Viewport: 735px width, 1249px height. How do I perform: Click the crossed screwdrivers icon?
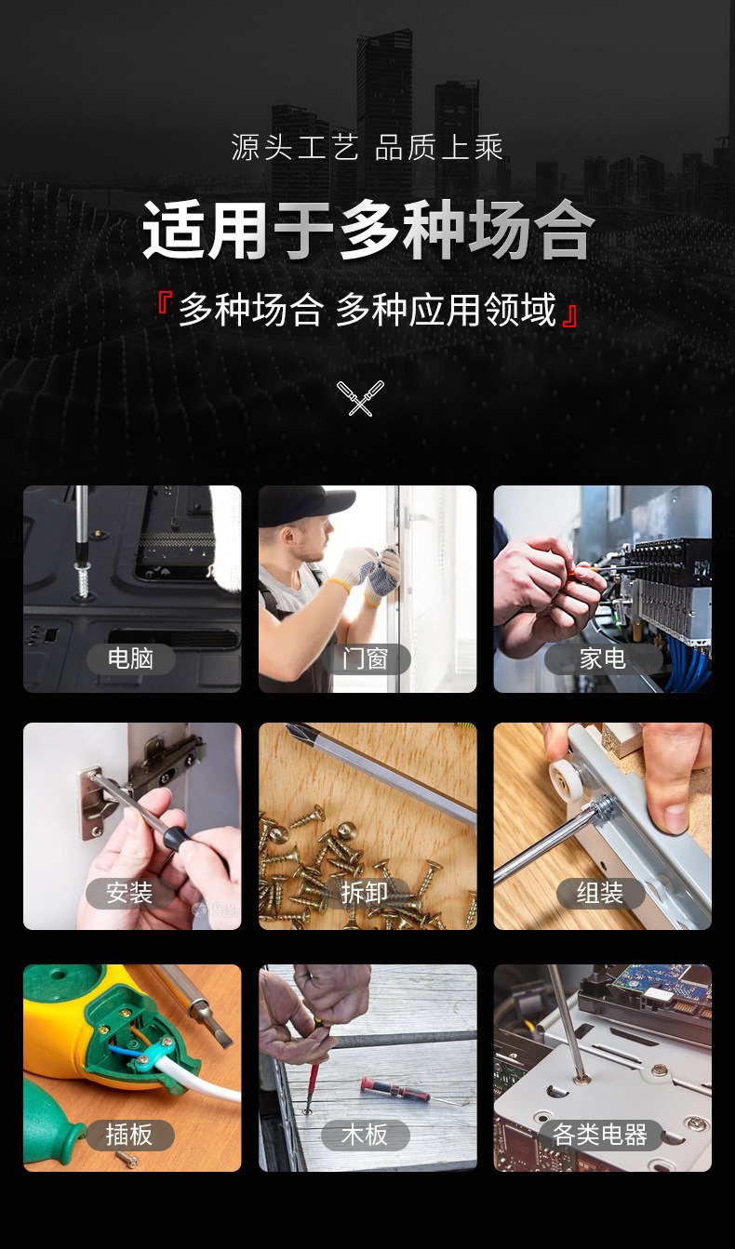[360, 397]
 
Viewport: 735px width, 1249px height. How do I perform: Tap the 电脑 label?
[130, 658]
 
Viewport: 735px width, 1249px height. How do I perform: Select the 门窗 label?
[366, 658]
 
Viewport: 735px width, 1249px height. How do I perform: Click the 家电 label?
[602, 658]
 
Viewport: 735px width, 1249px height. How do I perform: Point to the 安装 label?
[129, 893]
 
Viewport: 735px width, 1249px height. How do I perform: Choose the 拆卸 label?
[366, 893]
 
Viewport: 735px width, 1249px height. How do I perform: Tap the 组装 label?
[600, 893]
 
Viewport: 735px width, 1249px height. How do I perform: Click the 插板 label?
[129, 1135]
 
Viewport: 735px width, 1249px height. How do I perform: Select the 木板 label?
[366, 1135]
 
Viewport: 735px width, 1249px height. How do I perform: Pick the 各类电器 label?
[600, 1135]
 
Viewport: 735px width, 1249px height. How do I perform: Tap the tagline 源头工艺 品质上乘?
[367, 147]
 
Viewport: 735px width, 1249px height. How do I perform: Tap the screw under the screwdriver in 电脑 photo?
[83, 579]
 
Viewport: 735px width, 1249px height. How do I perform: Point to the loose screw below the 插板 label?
[127, 1160]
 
